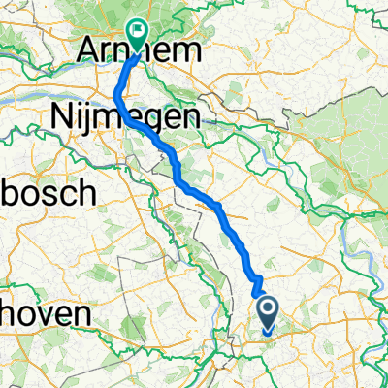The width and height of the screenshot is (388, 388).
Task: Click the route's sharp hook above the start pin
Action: click(x=258, y=281)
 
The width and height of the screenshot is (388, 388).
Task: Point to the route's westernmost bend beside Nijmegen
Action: click(x=117, y=94)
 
